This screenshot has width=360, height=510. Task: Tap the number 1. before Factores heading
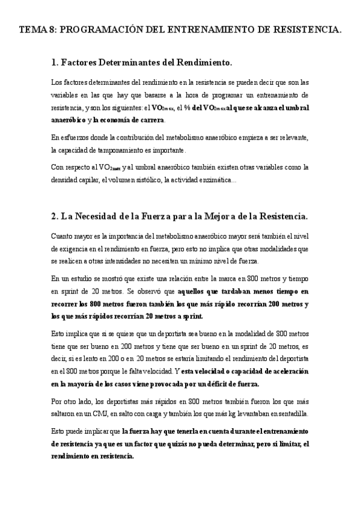click(55, 62)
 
